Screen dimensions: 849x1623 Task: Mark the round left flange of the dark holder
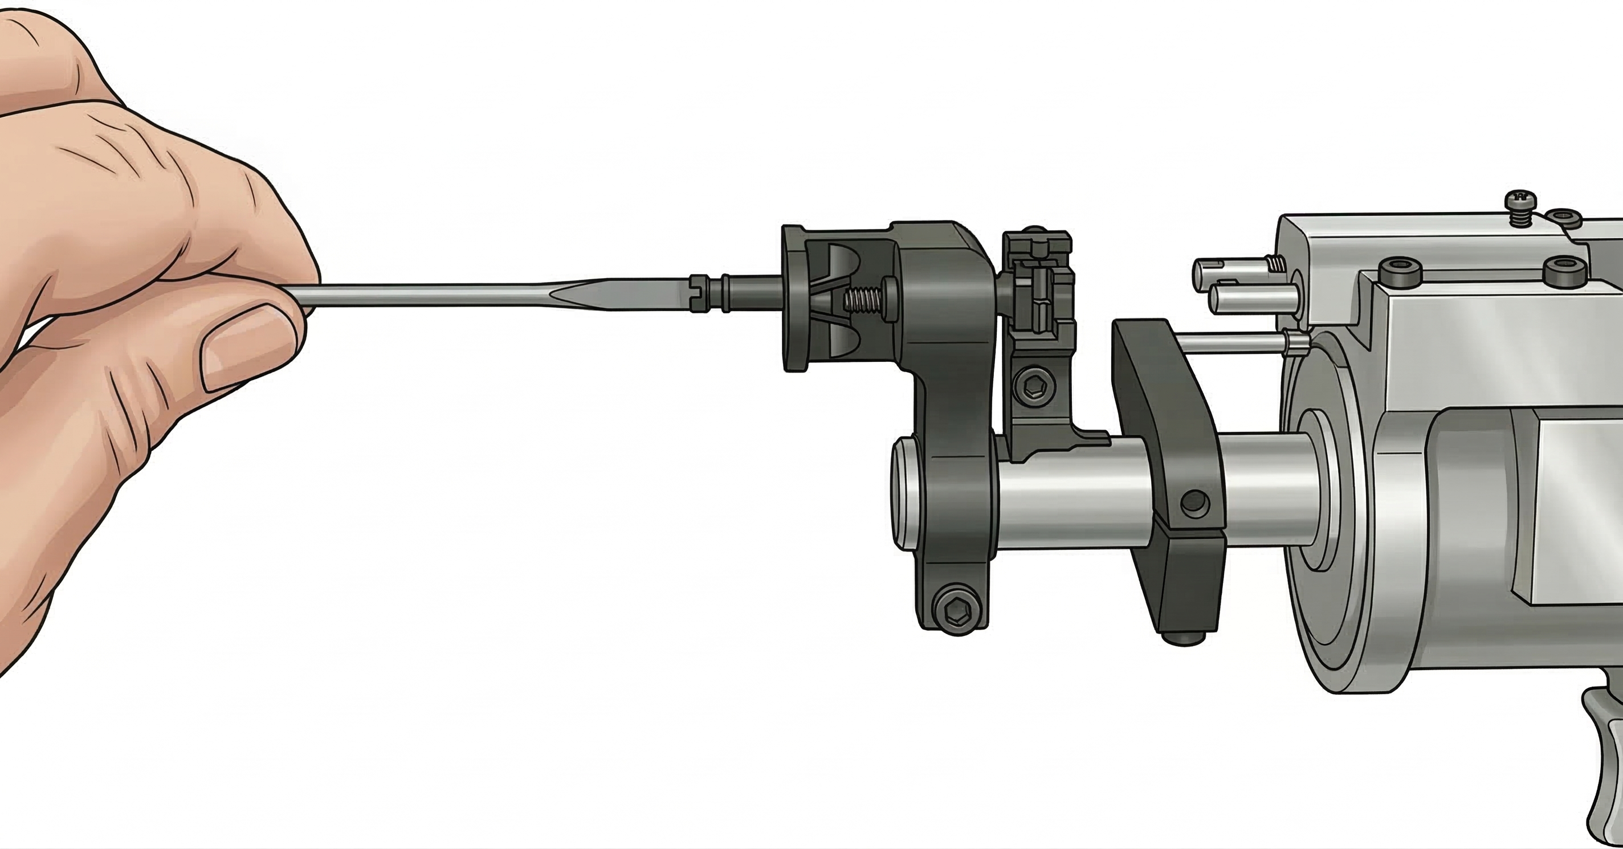coord(795,299)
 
